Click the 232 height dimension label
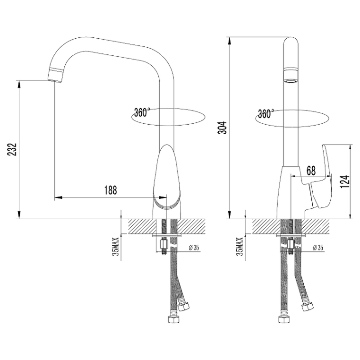(12, 149)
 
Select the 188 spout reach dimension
(111, 190)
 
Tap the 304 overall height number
(223, 128)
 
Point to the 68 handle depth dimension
(311, 171)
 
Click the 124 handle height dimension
(344, 181)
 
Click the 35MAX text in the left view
(117, 247)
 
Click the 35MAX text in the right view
(240, 247)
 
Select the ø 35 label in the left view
(194, 248)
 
